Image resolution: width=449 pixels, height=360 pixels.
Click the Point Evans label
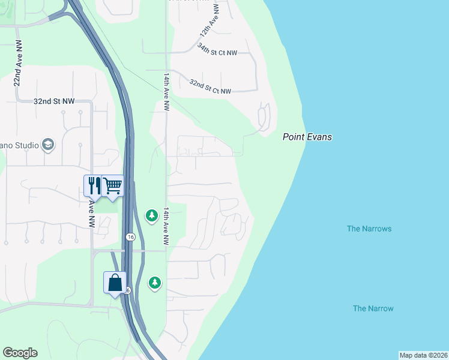[307, 137]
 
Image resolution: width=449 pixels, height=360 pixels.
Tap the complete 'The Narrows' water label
[369, 229]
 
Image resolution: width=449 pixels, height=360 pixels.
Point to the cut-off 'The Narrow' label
[373, 308]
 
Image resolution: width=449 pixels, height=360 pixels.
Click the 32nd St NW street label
[54, 101]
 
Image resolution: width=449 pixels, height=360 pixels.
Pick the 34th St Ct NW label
[217, 53]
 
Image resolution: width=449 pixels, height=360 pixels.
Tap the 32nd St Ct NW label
[210, 86]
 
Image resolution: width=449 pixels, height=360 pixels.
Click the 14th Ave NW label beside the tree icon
[166, 226]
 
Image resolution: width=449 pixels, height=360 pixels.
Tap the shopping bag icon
[115, 283]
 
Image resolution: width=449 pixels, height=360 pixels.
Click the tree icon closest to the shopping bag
[155, 282]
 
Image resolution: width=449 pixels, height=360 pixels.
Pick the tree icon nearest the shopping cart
[152, 215]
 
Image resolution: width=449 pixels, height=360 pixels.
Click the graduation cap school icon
[48, 145]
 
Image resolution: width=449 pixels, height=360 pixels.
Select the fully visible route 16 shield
[130, 237]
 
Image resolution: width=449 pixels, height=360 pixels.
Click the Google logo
[20, 353]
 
